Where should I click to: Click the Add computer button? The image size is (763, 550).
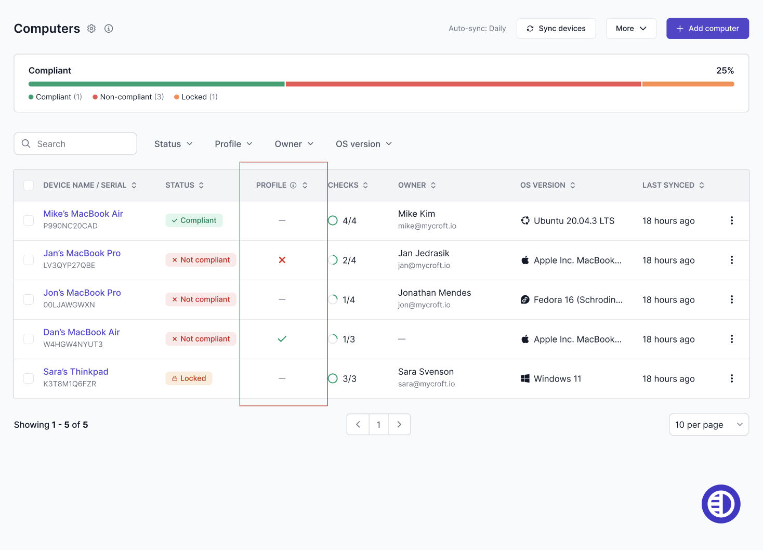click(707, 28)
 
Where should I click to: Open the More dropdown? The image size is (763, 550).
click(631, 28)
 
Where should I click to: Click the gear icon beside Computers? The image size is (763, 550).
click(91, 29)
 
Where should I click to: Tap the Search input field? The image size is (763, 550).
click(75, 143)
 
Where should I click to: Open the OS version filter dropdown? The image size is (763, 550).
click(363, 144)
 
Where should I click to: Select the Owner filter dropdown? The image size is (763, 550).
click(294, 144)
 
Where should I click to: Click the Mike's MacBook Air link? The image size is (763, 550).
click(83, 214)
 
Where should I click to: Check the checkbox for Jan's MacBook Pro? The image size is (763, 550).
click(29, 260)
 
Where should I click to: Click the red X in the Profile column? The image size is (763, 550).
click(282, 260)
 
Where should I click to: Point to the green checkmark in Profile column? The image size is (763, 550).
click(282, 339)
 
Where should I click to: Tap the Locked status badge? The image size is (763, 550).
click(189, 378)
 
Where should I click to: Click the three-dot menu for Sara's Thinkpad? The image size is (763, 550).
click(732, 378)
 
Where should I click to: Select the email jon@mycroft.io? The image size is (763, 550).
click(424, 305)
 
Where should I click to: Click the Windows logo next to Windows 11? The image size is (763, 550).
click(525, 378)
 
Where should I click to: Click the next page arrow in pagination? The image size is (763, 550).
click(399, 424)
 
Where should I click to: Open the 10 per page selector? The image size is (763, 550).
click(709, 424)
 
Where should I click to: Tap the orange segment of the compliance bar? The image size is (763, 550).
click(688, 84)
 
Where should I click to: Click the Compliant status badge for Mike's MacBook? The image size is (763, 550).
click(194, 220)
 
